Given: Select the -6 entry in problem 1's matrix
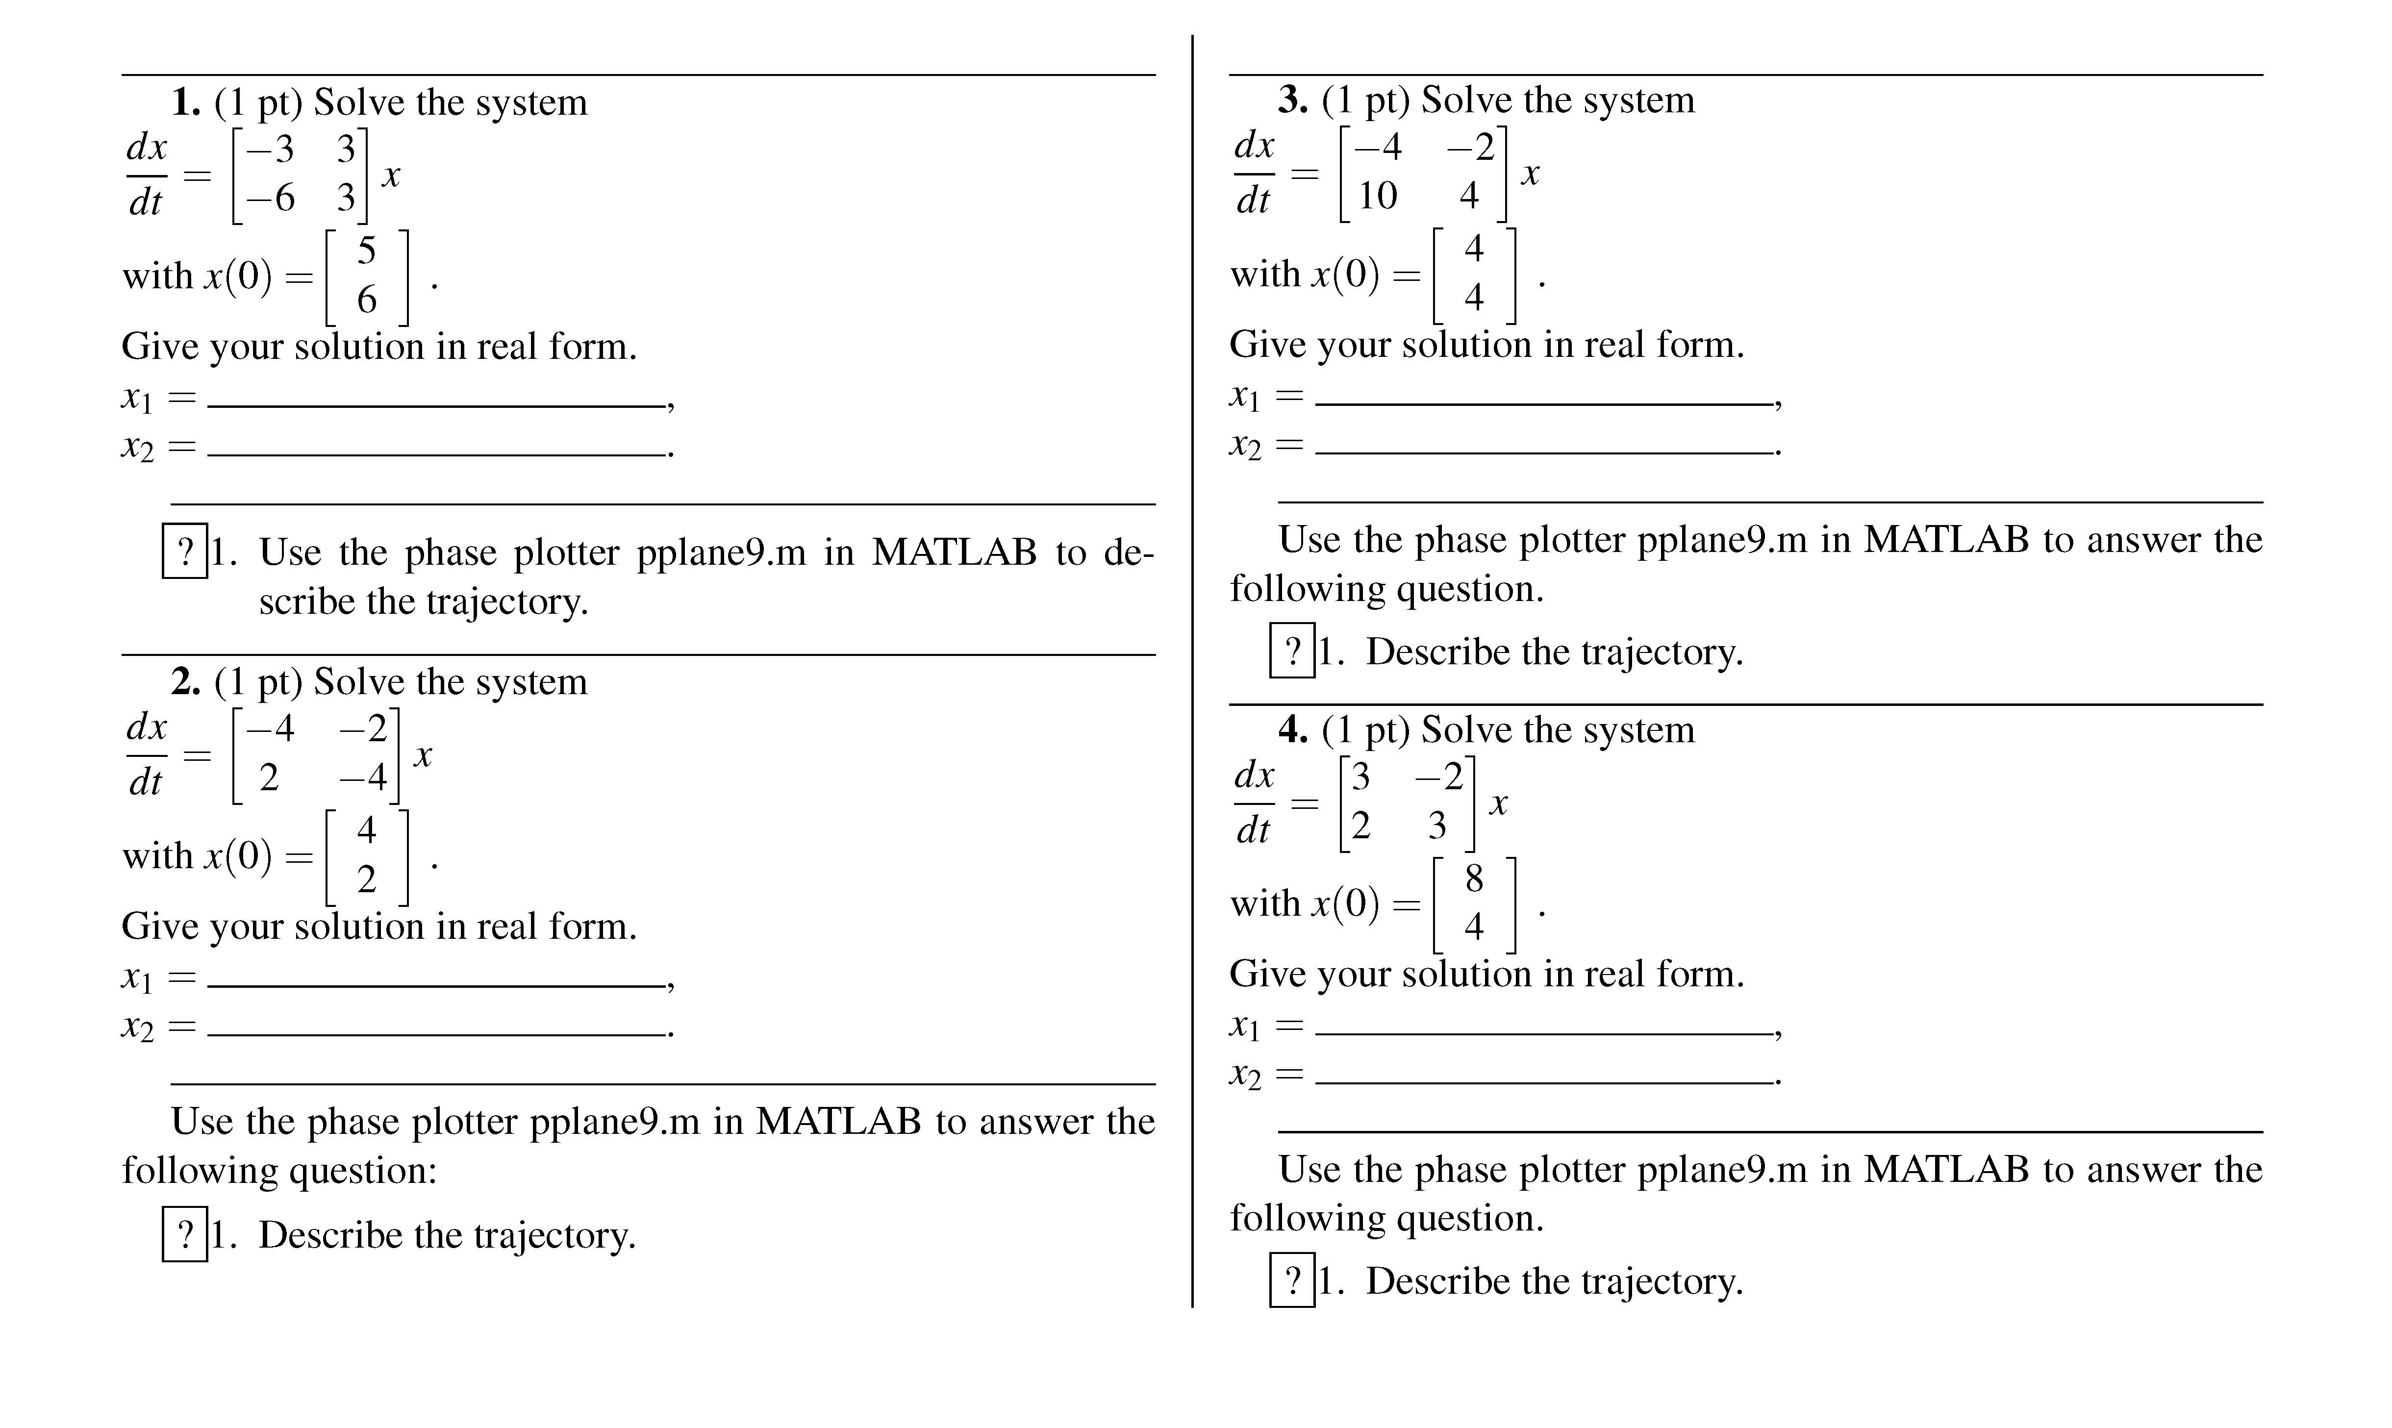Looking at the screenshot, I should pyautogui.click(x=270, y=198).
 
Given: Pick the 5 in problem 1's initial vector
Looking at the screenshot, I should pyautogui.click(x=367, y=251).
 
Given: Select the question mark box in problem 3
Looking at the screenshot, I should pyautogui.click(x=1292, y=651).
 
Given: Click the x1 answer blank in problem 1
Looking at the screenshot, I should pyautogui.click(x=438, y=397).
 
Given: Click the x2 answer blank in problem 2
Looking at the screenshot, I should pyautogui.click(x=438, y=1026).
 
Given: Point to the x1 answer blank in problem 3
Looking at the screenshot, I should pyautogui.click(x=1544, y=395).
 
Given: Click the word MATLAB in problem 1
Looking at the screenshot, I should pyautogui.click(x=954, y=552).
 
